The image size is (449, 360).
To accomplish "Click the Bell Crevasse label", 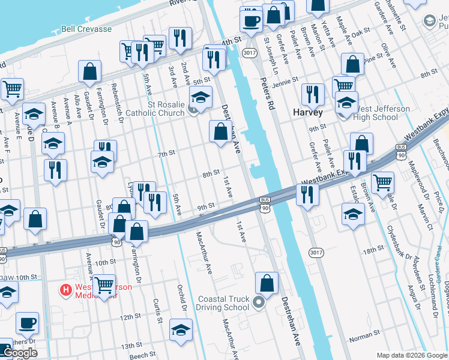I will (86, 46).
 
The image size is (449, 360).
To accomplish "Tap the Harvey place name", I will (308, 112).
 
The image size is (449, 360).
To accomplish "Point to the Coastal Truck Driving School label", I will (222, 303).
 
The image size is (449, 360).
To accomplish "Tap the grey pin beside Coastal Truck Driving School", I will (259, 302).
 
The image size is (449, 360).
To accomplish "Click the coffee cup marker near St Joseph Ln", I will (251, 20).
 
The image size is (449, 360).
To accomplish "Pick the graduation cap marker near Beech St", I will (181, 330).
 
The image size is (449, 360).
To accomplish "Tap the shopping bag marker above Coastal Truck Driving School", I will (267, 283).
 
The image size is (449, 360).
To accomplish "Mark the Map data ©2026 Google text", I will (412, 355).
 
